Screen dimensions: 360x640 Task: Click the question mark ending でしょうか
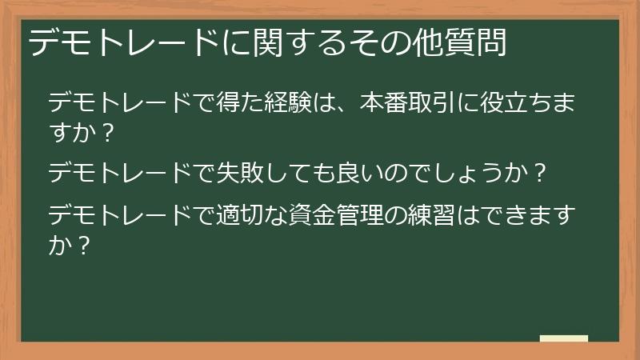tap(540, 172)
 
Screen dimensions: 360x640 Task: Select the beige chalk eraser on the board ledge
tap(564, 339)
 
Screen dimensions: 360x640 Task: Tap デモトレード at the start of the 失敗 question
tap(119, 172)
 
